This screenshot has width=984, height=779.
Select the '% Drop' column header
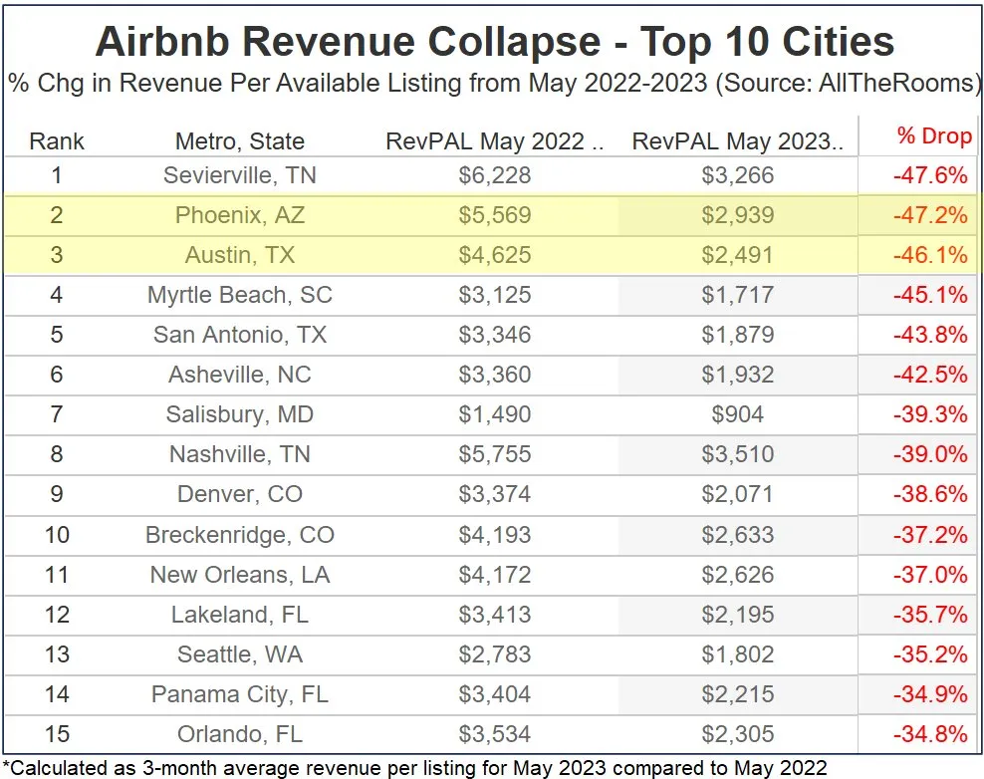pos(932,136)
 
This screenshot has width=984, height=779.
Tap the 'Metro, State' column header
pos(240,140)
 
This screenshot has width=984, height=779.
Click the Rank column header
pos(57,140)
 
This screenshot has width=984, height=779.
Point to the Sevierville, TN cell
pos(240,176)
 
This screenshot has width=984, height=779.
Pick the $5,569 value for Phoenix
pos(495,215)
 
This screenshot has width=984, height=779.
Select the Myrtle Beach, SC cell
pos(240,295)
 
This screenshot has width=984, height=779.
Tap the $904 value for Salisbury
pos(738,414)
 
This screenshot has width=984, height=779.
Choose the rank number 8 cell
pos(57,454)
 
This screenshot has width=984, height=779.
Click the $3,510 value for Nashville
pos(738,454)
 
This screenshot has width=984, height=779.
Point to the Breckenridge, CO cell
pos(240,535)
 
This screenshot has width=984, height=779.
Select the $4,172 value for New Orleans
pos(495,575)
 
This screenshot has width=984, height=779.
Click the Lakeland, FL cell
pos(240,615)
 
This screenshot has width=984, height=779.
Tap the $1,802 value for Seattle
pos(738,654)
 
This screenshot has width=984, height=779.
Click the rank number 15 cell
pos(57,735)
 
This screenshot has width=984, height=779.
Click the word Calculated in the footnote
pos(60,767)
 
